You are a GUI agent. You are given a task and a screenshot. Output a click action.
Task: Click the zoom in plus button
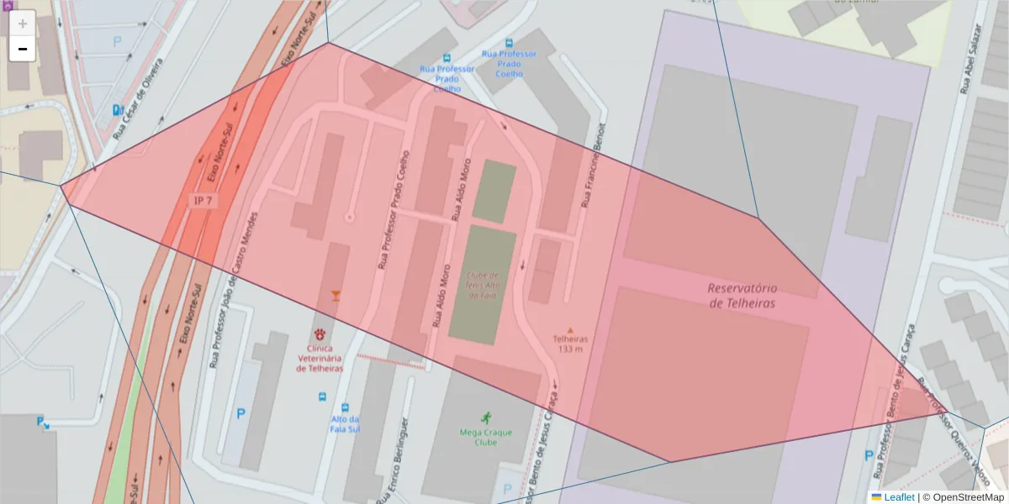23,24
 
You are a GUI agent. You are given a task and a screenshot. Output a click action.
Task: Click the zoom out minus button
23,49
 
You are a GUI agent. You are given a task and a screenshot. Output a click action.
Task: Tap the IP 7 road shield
203,200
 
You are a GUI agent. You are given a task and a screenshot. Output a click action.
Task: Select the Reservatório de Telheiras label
742,295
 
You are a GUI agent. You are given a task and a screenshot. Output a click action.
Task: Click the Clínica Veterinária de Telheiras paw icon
320,334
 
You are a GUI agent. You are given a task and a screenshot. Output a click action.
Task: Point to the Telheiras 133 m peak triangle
570,330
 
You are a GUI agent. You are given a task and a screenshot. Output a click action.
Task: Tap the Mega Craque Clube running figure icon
485,417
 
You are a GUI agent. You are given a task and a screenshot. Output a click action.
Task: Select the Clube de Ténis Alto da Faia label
483,285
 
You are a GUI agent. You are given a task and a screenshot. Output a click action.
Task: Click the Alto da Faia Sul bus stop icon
345,406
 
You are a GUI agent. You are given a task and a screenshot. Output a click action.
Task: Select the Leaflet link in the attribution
898,497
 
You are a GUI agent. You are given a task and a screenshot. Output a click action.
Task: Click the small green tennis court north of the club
494,192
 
